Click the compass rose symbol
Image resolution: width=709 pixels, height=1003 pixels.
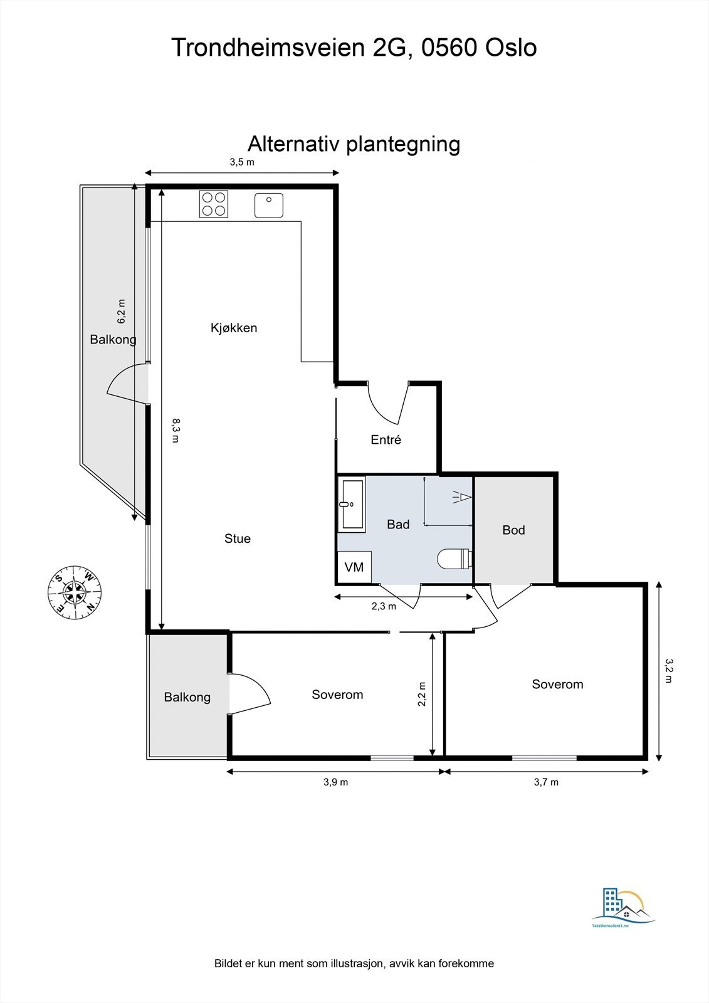[x=75, y=592]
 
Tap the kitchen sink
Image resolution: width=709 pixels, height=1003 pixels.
[x=269, y=205]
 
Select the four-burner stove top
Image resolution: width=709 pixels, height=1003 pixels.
[x=214, y=204]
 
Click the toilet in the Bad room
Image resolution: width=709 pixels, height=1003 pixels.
[x=454, y=559]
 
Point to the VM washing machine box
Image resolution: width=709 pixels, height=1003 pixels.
[x=354, y=567]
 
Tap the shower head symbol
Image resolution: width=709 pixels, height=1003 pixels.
[x=462, y=497]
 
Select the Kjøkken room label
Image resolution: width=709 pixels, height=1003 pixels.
[x=234, y=328]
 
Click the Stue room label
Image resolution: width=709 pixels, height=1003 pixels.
[x=238, y=538]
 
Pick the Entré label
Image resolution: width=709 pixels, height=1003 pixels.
[x=386, y=439]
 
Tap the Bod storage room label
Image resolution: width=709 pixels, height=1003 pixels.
[x=513, y=530]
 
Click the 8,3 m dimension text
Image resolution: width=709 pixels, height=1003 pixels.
[x=176, y=431]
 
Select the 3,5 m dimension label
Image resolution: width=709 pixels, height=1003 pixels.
[x=242, y=162]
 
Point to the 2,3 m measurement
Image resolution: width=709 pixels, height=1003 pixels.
[x=384, y=606]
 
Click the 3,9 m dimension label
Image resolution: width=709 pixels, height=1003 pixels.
[x=336, y=782]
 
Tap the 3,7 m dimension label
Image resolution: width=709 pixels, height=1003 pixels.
[x=546, y=782]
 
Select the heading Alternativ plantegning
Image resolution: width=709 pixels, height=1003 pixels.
[x=354, y=144]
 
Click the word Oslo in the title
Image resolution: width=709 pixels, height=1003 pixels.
[x=511, y=48]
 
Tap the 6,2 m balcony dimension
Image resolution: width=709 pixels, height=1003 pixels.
[x=122, y=311]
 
